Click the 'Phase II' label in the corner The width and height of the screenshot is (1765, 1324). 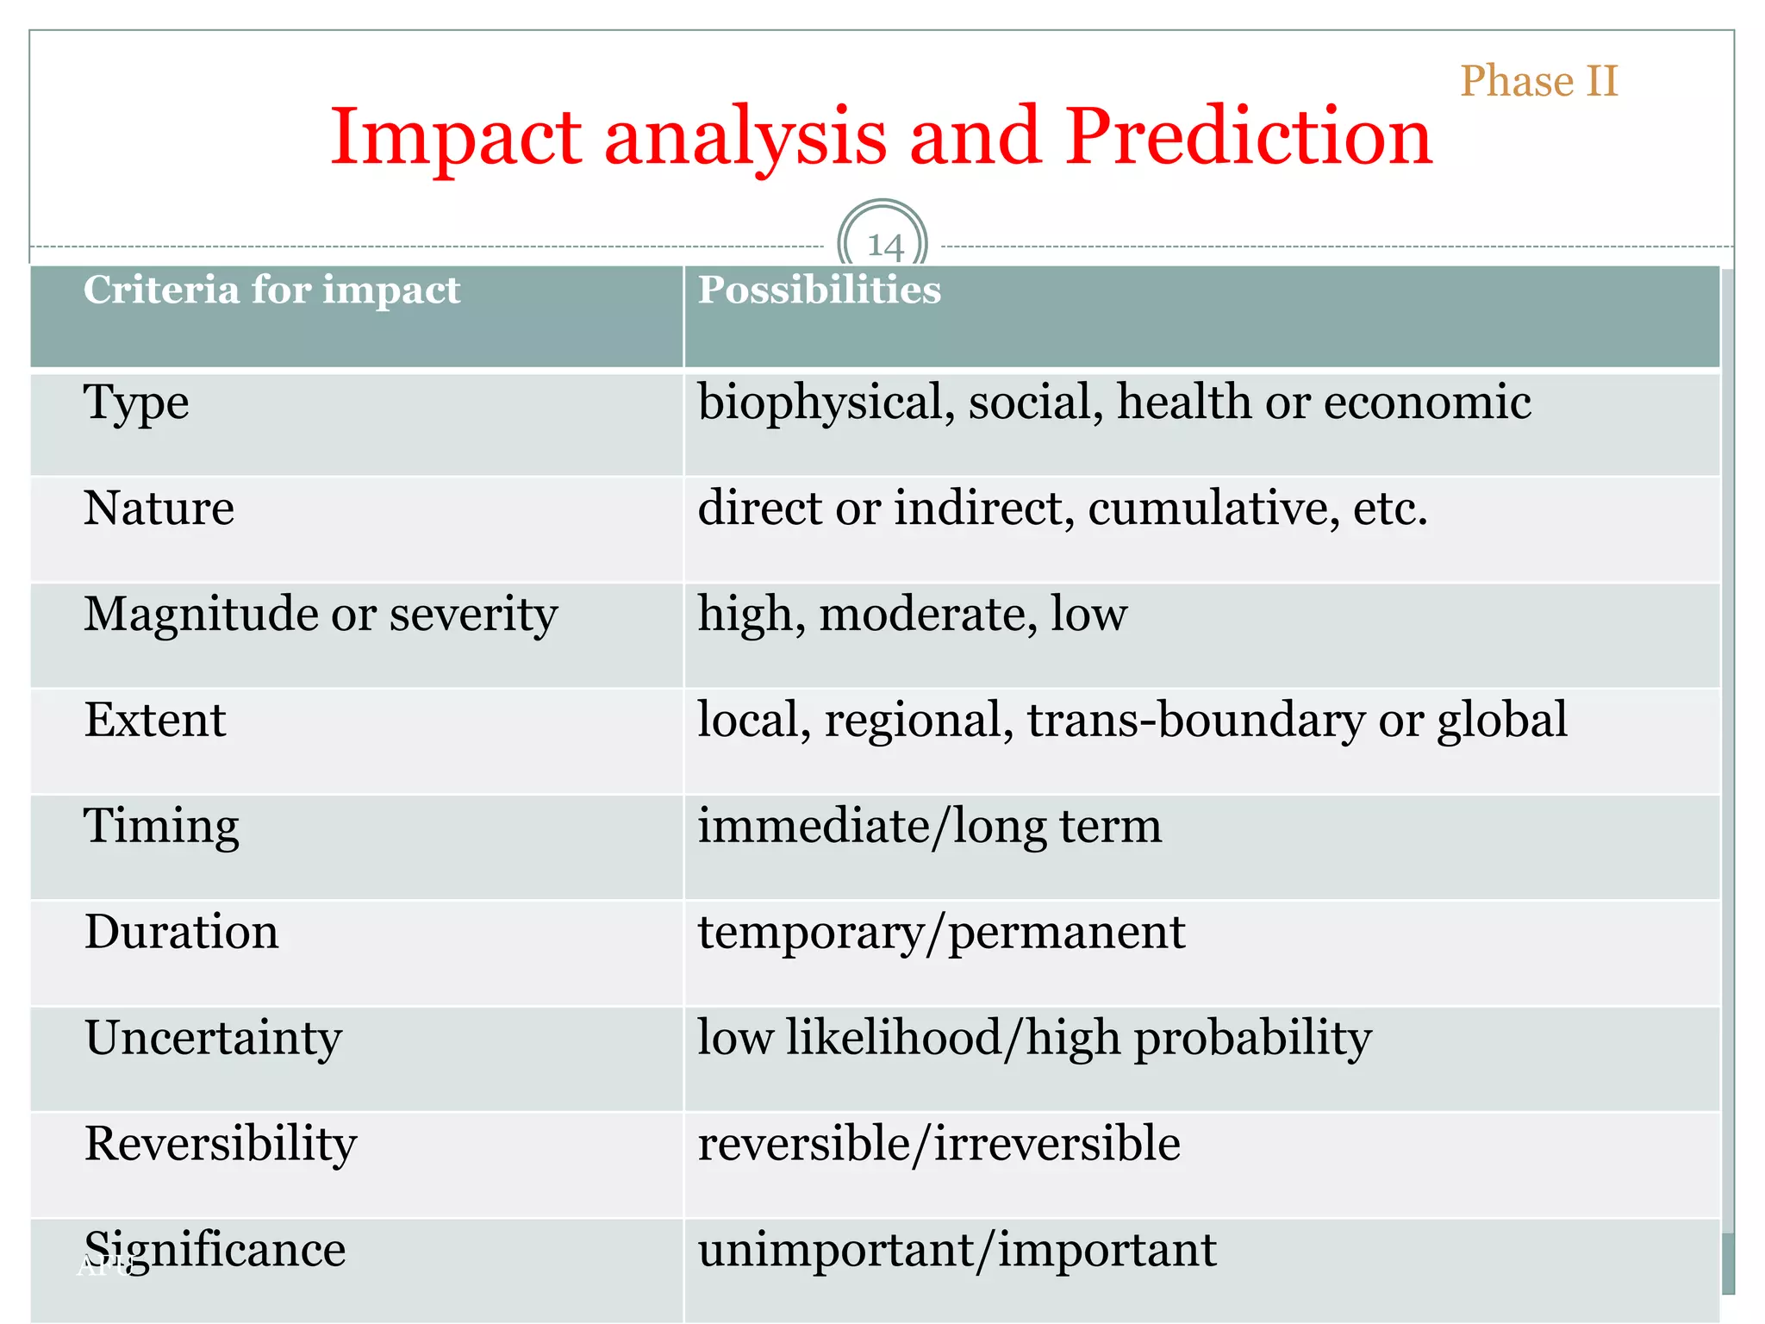(1539, 81)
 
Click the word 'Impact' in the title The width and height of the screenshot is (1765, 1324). (456, 137)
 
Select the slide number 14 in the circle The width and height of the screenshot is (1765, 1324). (883, 247)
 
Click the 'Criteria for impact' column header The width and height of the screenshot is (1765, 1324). (271, 290)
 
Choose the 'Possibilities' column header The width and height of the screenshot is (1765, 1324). (819, 290)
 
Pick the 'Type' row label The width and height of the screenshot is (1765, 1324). (136, 403)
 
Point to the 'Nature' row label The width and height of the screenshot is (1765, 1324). (159, 508)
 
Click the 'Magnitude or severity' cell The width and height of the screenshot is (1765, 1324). (321, 615)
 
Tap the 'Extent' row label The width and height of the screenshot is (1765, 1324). (155, 720)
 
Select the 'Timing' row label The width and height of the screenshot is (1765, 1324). (161, 826)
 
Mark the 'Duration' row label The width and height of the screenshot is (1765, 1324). (182, 932)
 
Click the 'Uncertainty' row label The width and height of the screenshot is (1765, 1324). (213, 1038)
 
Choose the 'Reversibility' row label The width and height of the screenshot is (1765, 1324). (221, 1144)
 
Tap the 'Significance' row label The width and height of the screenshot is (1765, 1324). (215, 1250)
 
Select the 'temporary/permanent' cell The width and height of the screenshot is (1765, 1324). (941, 933)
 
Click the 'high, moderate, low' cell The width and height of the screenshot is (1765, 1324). (912, 615)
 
